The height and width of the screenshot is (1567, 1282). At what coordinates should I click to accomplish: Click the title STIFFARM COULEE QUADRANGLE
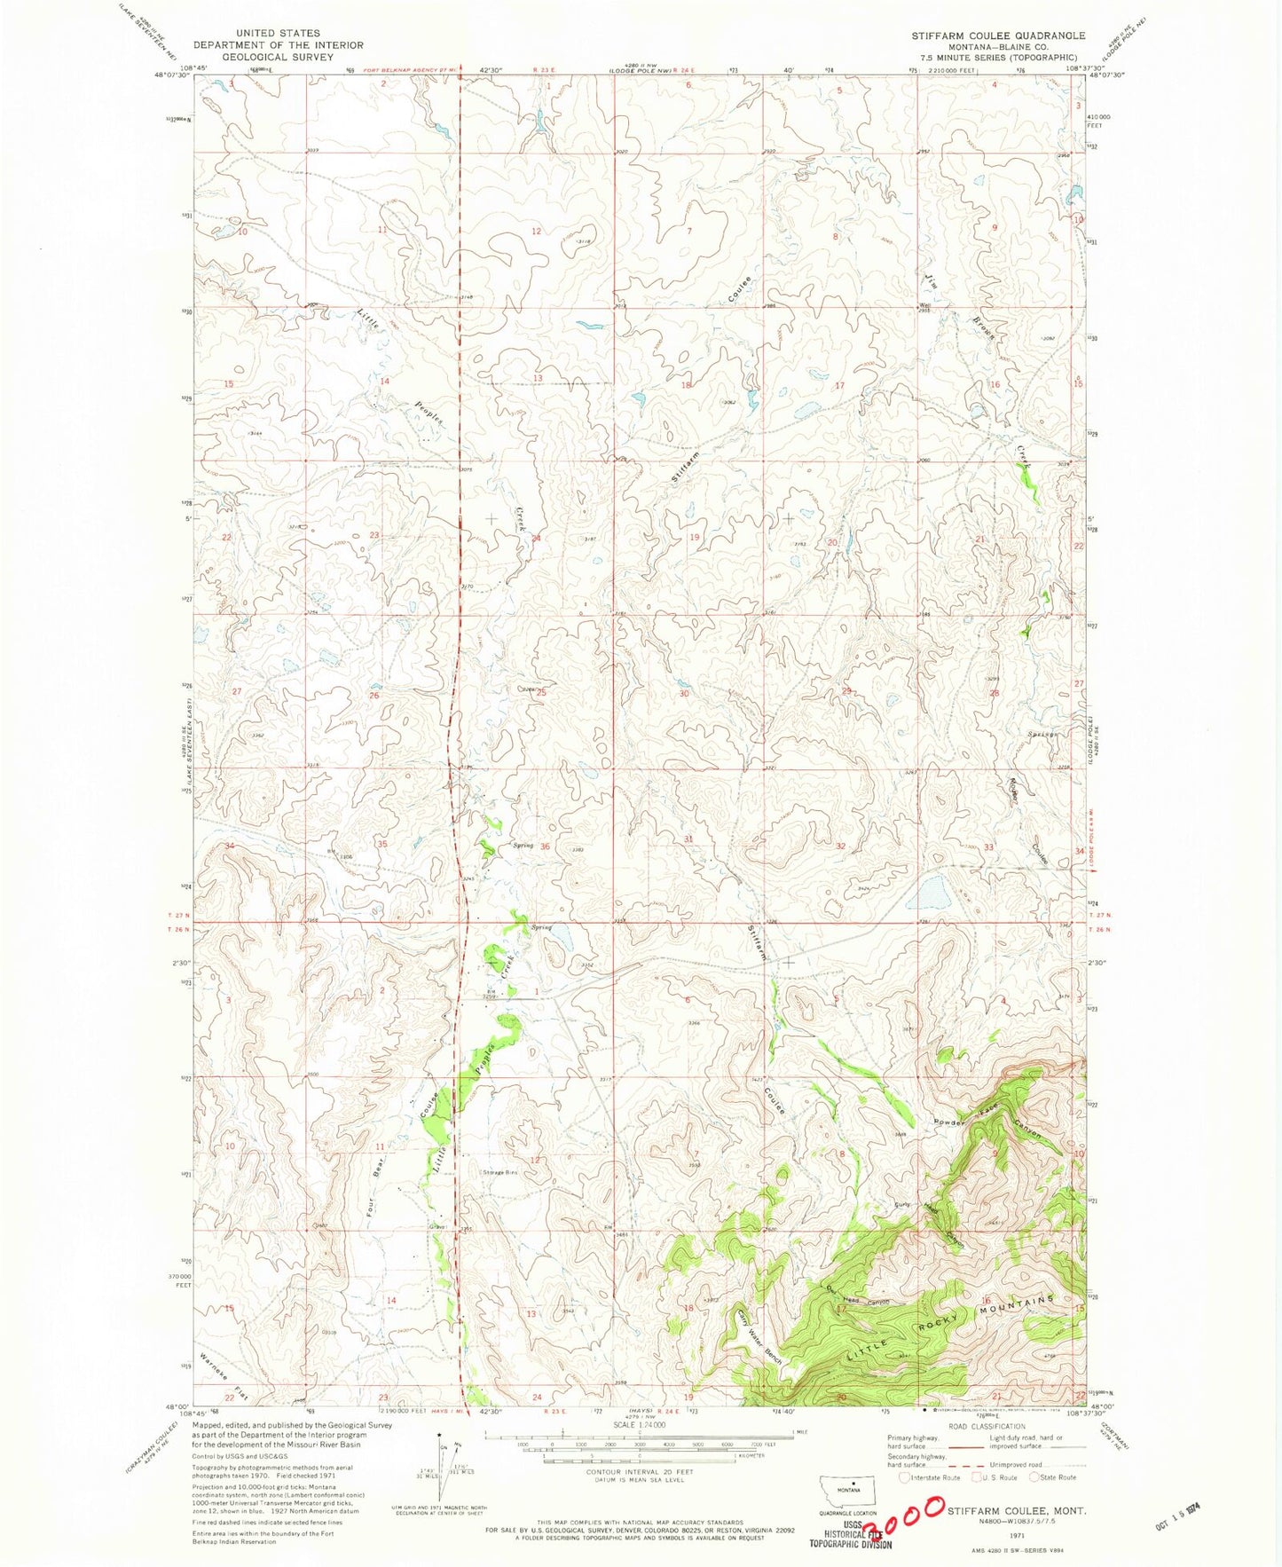tap(998, 35)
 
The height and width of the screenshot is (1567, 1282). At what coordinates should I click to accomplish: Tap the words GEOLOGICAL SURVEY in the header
tap(278, 57)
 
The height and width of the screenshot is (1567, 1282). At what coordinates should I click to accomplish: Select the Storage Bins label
tap(499, 1172)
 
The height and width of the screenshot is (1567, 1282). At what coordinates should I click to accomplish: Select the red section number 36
tap(546, 846)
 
